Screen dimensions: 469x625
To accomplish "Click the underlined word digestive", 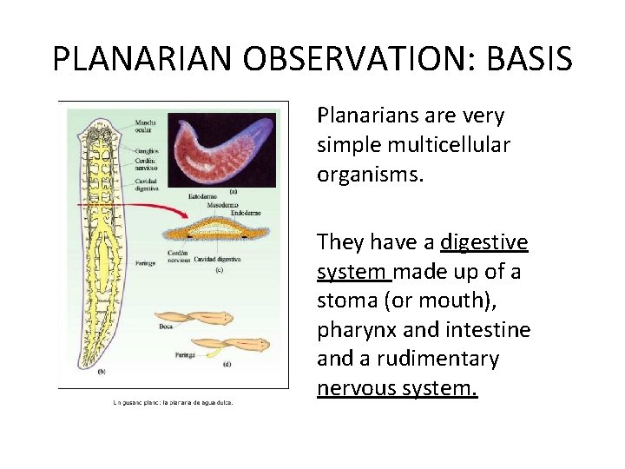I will (x=484, y=241).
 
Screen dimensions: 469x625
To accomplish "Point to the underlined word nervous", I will (x=355, y=388).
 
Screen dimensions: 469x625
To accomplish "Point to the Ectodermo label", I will (x=205, y=197).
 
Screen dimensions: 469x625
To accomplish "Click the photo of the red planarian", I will (x=222, y=149).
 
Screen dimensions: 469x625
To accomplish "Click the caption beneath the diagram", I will (x=174, y=401).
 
